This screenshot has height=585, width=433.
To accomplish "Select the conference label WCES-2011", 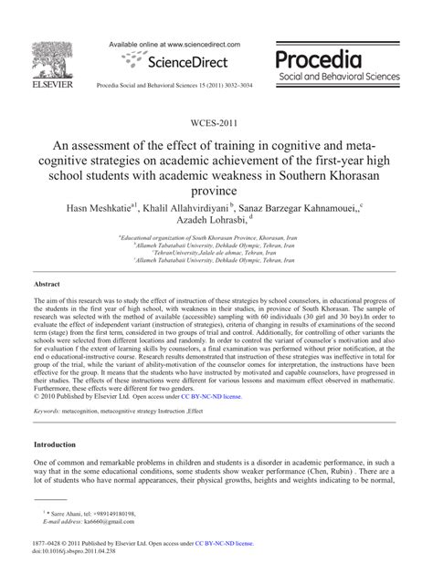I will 216,123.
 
